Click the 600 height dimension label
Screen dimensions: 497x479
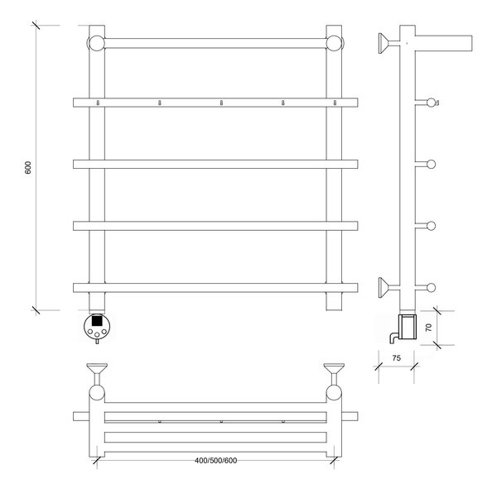pos(28,167)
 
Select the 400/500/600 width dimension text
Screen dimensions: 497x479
pos(215,460)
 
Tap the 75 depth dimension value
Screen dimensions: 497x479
pos(396,358)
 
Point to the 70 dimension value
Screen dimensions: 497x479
pos(428,328)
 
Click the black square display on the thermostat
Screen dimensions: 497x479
pos(97,321)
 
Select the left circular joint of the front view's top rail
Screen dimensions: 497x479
pos(96,43)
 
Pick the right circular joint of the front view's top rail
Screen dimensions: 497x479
pos(335,43)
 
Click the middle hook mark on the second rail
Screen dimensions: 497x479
pos(221,103)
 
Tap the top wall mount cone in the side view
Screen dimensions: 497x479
pos(384,43)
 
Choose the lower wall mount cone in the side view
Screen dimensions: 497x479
pos(384,287)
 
